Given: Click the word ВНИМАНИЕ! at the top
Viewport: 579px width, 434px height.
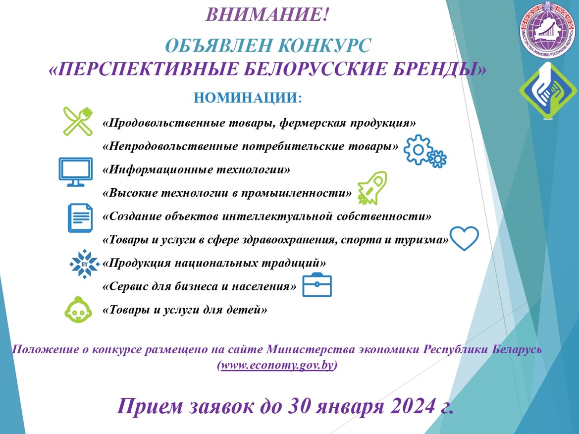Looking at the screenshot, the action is click(266, 15).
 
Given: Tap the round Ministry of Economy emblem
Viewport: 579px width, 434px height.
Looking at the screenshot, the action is click(548, 30).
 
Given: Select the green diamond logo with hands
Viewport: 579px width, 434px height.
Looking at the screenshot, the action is click(548, 91).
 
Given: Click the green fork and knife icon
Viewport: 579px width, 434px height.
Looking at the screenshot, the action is click(78, 121).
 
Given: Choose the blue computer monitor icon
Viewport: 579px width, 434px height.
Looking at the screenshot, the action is click(76, 172).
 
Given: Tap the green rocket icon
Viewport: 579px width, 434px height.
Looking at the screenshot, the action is click(372, 188).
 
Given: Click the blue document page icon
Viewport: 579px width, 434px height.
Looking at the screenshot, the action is click(80, 218).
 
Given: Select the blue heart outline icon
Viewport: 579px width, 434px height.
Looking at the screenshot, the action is click(464, 238).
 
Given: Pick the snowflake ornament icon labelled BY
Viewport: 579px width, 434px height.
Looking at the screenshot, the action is click(85, 264).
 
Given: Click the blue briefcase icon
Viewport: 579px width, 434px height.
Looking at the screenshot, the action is click(317, 285).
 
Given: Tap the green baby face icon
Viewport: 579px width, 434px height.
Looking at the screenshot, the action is click(78, 310).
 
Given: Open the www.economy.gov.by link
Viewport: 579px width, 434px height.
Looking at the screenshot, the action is click(277, 365).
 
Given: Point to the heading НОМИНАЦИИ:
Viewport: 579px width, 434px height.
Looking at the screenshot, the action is click(248, 98).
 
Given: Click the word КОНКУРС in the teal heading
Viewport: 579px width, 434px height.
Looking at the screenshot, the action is click(324, 46).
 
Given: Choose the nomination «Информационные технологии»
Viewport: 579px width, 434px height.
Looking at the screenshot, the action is click(197, 169).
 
